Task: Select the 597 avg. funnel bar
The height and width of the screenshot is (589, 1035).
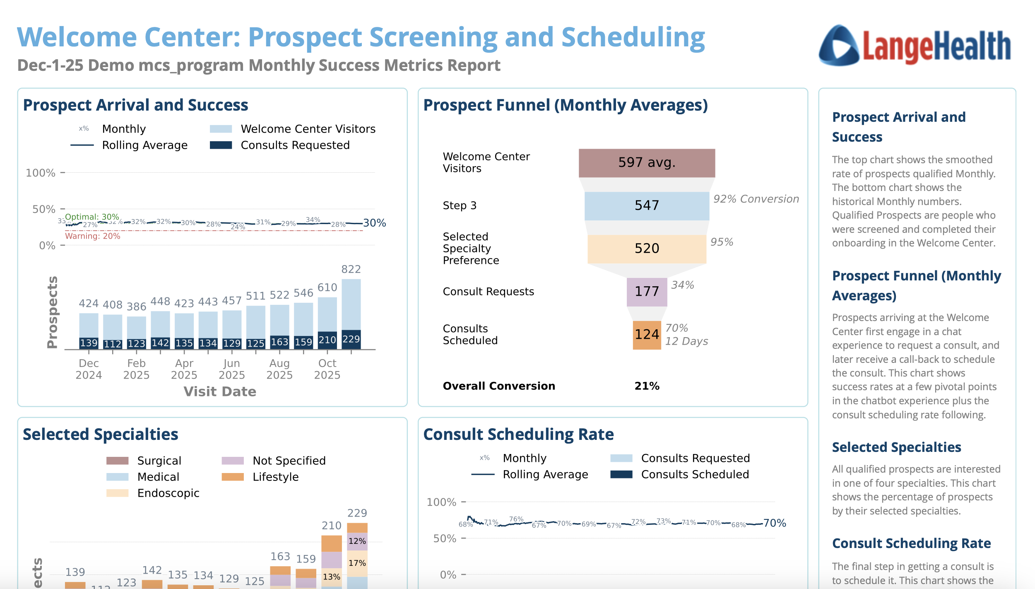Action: pos(647,163)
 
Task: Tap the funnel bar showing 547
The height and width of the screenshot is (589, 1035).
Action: pos(647,205)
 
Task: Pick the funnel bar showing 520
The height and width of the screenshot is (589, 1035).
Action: pos(647,249)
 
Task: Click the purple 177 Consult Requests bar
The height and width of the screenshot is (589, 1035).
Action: pos(647,292)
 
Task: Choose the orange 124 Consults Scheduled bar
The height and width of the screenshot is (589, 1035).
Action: pos(647,335)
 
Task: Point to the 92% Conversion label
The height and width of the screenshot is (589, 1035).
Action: pos(756,199)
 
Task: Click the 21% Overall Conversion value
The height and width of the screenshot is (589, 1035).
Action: pos(647,386)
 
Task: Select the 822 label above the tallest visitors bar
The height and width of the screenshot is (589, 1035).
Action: pos(351,270)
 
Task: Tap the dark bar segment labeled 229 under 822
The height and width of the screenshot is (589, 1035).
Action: pos(351,339)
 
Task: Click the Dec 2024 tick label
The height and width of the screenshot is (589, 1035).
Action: pos(89,369)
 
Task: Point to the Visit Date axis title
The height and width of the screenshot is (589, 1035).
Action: pos(220,392)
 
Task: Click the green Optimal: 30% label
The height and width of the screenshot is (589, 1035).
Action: pos(92,217)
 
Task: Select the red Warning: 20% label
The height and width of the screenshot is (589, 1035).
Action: pos(93,236)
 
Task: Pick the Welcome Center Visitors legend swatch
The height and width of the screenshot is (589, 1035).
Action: pos(221,129)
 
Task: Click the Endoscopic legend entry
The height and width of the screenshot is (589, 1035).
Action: pos(168,493)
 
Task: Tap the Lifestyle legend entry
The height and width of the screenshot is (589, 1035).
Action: pos(275,477)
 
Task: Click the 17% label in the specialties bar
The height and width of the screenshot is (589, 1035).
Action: pos(357,563)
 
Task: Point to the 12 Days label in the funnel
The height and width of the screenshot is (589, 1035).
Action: pos(686,341)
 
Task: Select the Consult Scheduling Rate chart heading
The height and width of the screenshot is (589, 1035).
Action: pos(518,435)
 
